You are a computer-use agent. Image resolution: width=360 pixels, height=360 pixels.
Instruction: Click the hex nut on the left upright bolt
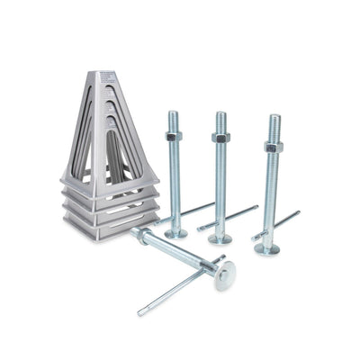pos(174,136)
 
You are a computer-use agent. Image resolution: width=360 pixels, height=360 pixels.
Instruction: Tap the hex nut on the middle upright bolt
pos(220,138)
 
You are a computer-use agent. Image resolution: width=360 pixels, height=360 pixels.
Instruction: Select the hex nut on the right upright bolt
pos(274,146)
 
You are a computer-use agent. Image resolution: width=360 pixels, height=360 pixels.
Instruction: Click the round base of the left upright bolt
pos(175,233)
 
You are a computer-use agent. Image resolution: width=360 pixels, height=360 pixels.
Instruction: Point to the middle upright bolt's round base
pos(220,238)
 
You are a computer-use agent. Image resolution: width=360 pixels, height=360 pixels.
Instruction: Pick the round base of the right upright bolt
pos(267,248)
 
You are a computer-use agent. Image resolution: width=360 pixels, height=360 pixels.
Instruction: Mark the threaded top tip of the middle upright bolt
pos(220,115)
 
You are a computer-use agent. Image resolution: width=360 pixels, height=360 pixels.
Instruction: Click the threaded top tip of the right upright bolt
pos(274,119)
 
